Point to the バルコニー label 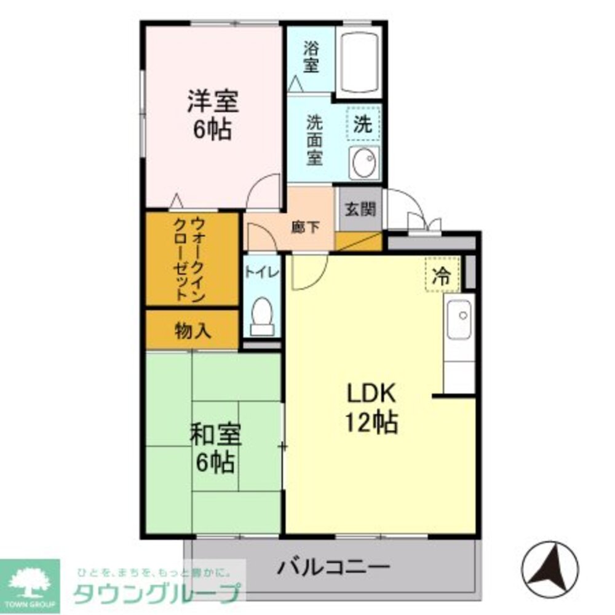(x=333, y=566)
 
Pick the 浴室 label (x=311, y=57)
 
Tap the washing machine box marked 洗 (x=363, y=124)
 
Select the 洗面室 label (x=314, y=141)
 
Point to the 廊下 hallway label (x=305, y=227)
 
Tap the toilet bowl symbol (x=263, y=315)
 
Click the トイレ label (x=261, y=271)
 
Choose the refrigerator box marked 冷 (x=441, y=275)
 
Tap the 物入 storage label (x=193, y=331)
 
